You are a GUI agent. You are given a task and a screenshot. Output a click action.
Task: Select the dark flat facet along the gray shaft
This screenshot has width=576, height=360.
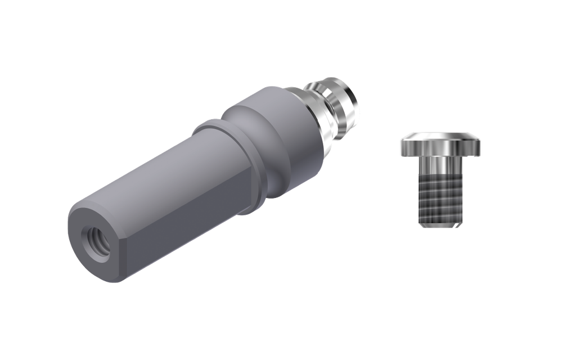[186, 225]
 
